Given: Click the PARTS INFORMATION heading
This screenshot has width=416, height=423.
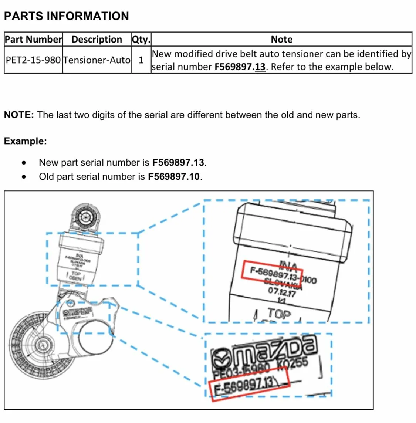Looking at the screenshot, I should pyautogui.click(x=67, y=16).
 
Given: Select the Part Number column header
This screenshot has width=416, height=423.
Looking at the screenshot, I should pyautogui.click(x=33, y=40).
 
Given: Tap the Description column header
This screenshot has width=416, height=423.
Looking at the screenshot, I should pyautogui.click(x=97, y=40).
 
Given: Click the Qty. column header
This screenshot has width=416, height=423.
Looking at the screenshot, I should pyautogui.click(x=141, y=40).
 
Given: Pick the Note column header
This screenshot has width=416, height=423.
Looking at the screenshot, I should pyautogui.click(x=281, y=40).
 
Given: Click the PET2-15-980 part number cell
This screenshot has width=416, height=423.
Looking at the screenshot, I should pyautogui.click(x=33, y=60).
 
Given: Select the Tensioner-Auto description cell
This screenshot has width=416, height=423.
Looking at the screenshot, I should pyautogui.click(x=97, y=60).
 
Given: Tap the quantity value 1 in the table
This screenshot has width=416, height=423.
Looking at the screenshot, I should pyautogui.click(x=141, y=60).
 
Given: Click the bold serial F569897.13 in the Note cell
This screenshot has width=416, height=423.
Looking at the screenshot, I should pyautogui.click(x=240, y=67).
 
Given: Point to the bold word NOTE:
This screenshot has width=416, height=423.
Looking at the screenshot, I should pyautogui.click(x=19, y=115).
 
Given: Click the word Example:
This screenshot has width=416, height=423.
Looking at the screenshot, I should pyautogui.click(x=25, y=141).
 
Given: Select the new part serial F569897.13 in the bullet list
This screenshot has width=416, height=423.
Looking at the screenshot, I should pyautogui.click(x=178, y=163).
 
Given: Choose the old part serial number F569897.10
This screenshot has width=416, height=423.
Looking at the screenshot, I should pyautogui.click(x=174, y=177).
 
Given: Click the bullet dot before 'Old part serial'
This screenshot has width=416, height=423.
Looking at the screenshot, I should pyautogui.click(x=24, y=177).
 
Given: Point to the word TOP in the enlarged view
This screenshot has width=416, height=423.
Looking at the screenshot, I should pyautogui.click(x=279, y=314).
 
